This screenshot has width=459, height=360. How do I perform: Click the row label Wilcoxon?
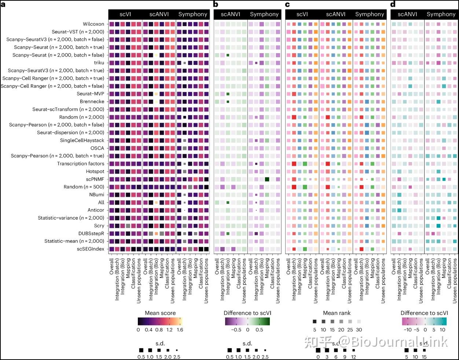[93, 24]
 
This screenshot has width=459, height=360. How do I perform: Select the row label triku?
[99, 63]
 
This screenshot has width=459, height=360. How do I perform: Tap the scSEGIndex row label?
[90, 249]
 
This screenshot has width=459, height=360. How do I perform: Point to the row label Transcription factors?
[81, 164]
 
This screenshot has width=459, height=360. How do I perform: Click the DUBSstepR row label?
[91, 233]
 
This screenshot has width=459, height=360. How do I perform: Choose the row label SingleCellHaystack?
[82, 140]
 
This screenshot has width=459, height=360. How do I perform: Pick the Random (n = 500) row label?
[84, 187]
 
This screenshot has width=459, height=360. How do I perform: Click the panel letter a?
[3, 4]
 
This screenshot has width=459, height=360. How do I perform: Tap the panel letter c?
[287, 4]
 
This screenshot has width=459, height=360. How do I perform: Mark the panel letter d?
[393, 4]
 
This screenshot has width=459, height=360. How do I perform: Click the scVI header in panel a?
[125, 14]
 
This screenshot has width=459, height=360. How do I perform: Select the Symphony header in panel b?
[264, 14]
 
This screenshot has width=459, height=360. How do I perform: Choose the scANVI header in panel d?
[407, 14]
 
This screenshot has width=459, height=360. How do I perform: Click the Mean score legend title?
[160, 313]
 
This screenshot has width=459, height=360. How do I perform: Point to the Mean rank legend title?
[337, 313]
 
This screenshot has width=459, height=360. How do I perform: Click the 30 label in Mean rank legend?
[359, 330]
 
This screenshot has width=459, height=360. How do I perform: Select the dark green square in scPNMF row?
[267, 179]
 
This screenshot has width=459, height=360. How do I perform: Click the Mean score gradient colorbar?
[160, 322]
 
